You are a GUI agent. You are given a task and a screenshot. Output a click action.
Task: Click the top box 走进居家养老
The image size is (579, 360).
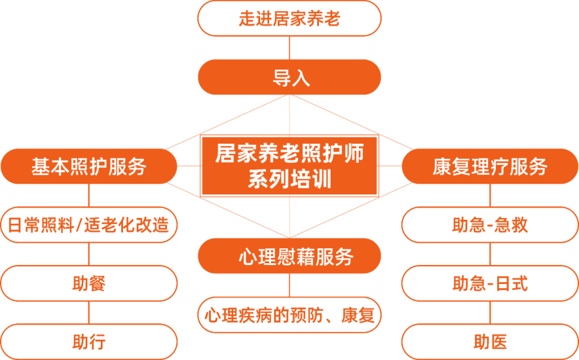pyautogui.click(x=289, y=18)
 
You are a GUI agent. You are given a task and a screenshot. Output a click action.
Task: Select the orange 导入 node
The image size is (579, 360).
pyautogui.click(x=289, y=77)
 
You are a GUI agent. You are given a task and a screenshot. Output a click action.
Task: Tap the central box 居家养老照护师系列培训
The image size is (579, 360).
pyautogui.click(x=289, y=166)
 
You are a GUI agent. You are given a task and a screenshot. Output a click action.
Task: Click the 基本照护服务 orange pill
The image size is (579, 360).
pyautogui.click(x=89, y=166)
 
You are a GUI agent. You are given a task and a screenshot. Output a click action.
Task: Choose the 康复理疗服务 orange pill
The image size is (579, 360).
pyautogui.click(x=490, y=166)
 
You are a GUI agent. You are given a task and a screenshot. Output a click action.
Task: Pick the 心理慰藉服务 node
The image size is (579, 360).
pyautogui.click(x=289, y=256)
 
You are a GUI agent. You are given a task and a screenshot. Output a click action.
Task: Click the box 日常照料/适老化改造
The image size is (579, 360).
pyautogui.click(x=89, y=225)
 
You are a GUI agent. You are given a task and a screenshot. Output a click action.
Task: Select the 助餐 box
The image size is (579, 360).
pyautogui.click(x=89, y=283)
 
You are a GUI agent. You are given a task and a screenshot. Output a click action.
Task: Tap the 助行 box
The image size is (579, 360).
pyautogui.click(x=89, y=342)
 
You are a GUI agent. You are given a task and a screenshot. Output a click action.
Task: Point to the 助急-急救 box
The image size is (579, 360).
pyautogui.click(x=490, y=225)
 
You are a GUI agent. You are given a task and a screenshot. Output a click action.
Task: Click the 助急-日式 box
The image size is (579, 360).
pyautogui.click(x=490, y=283)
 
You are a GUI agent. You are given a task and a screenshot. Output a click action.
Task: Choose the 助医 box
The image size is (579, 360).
pyautogui.click(x=490, y=342)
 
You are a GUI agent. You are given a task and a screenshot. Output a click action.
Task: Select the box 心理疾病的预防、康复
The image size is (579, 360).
pyautogui.click(x=289, y=315)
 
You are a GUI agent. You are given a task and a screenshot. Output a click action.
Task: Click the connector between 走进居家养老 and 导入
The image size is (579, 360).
pyautogui.click(x=289, y=48)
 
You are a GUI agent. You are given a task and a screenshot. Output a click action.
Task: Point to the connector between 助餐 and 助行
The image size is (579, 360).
pyautogui.click(x=89, y=312)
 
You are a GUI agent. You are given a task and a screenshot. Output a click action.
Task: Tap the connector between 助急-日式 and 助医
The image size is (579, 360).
pyautogui.click(x=490, y=312)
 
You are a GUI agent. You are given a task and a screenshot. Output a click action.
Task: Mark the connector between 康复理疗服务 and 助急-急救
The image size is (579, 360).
pyautogui.click(x=490, y=195)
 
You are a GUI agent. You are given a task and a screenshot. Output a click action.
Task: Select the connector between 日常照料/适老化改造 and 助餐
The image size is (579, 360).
pyautogui.click(x=89, y=254)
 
